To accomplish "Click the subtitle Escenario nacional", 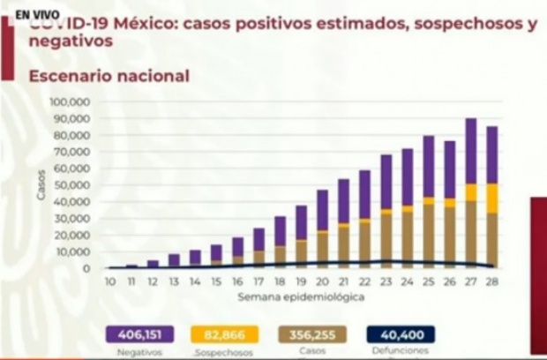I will click(x=109, y=77).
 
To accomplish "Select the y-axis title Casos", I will click(x=41, y=184).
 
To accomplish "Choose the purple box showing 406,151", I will click(x=139, y=334).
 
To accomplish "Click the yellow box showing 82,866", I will click(x=224, y=334).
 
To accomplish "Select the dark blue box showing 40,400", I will click(x=401, y=334).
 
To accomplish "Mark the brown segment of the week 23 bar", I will click(x=386, y=239).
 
